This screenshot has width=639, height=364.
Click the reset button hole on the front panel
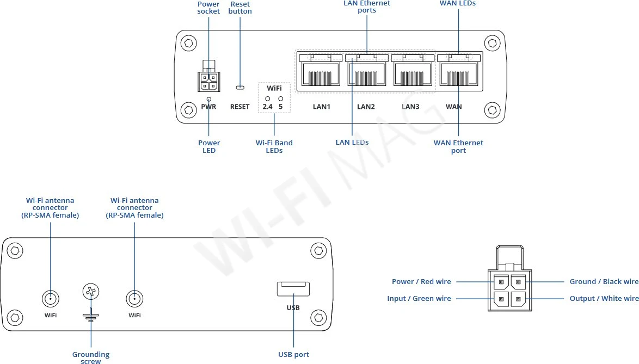[239, 87]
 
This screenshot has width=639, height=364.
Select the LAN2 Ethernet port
[366, 74]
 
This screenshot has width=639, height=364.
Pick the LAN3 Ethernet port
[411, 74]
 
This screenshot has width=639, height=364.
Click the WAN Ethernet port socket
[458, 74]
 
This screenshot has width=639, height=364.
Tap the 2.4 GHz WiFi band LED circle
[268, 98]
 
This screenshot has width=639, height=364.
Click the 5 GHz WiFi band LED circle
[281, 98]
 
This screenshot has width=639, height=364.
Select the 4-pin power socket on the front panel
[208, 81]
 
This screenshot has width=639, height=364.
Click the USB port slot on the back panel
[293, 288]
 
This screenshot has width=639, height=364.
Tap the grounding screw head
[90, 292]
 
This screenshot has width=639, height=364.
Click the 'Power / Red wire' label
[421, 282]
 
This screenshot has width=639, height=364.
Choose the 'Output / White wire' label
[604, 298]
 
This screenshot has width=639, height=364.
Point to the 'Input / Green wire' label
[419, 298]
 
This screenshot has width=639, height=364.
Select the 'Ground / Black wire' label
[604, 282]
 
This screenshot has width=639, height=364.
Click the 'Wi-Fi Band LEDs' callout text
[274, 146]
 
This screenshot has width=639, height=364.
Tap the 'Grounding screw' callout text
[91, 357]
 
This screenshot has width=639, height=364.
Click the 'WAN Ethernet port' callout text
[458, 146]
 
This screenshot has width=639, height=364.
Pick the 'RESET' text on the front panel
[239, 107]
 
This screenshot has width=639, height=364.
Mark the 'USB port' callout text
[293, 355]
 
